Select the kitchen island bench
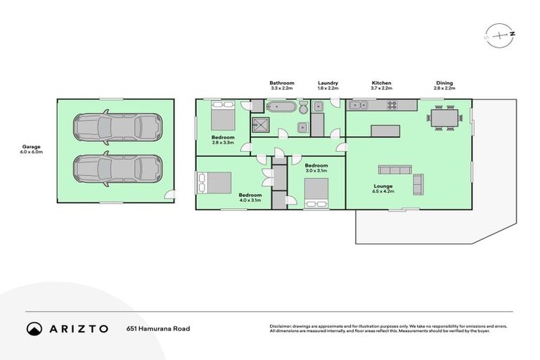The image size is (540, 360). tap(385, 130)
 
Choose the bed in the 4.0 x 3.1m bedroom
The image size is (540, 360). tap(217, 183)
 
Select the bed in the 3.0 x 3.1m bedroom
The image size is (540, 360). tap(316, 191)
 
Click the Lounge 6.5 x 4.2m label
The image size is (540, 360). tap(384, 188)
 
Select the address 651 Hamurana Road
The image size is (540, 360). tap(157, 328)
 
